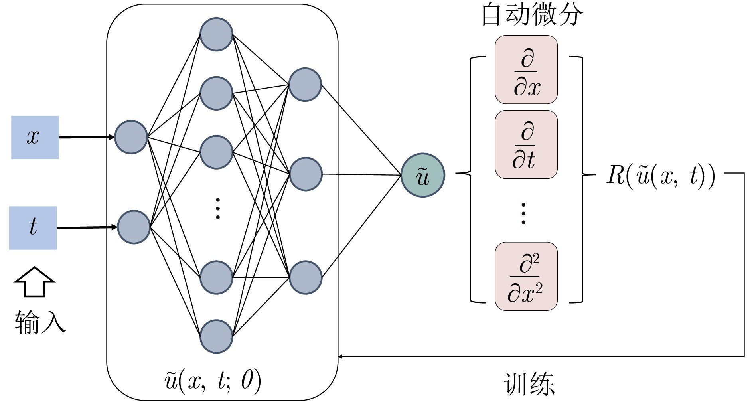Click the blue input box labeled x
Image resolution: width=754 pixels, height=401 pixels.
pyautogui.click(x=35, y=137)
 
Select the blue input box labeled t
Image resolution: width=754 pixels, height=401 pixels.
pyautogui.click(x=33, y=228)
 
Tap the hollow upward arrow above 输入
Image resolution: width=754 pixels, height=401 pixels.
pyautogui.click(x=34, y=282)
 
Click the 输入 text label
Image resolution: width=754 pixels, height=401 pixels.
pyautogui.click(x=40, y=322)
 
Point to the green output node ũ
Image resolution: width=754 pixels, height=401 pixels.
pyautogui.click(x=422, y=175)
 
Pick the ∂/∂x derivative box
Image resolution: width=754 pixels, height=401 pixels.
pyautogui.click(x=526, y=70)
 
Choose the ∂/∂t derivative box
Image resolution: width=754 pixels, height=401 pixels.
pyautogui.click(x=526, y=144)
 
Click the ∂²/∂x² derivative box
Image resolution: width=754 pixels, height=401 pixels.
pyautogui.click(x=526, y=276)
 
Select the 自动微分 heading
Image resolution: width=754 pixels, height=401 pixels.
pyautogui.click(x=532, y=14)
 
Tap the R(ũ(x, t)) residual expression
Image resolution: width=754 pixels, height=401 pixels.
pyautogui.click(x=661, y=175)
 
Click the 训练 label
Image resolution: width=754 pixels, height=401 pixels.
pyautogui.click(x=529, y=383)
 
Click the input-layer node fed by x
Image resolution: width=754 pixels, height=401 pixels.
pyautogui.click(x=131, y=137)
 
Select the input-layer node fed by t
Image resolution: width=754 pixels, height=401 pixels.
pyautogui.click(x=134, y=227)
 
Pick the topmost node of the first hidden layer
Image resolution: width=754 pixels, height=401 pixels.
pyautogui.click(x=216, y=34)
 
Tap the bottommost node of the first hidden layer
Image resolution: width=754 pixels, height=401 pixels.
pyautogui.click(x=216, y=336)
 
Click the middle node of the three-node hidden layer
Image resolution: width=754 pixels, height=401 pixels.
pyautogui.click(x=306, y=174)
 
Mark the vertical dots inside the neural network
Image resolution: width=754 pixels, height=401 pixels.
pyautogui.click(x=217, y=208)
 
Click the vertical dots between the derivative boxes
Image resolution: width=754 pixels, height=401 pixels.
pyautogui.click(x=523, y=213)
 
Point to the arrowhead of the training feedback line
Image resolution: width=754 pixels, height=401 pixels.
pyautogui.click(x=340, y=356)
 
